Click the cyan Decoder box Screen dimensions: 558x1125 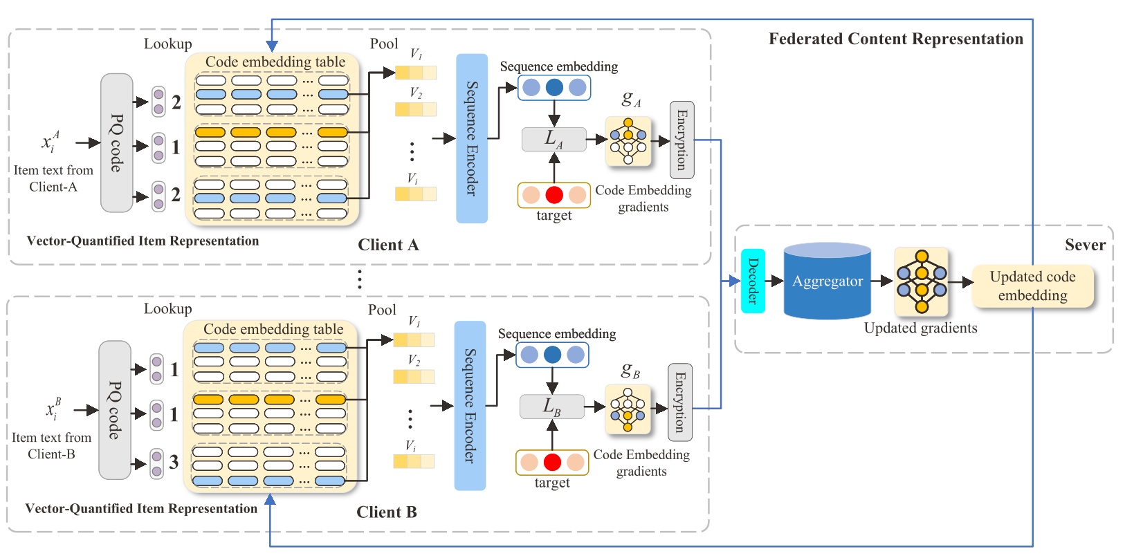click(753, 281)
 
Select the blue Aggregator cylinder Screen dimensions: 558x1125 click(827, 281)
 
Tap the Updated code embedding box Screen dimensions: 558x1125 click(1032, 286)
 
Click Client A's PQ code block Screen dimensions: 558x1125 click(116, 143)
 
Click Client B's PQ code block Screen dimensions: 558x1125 click(114, 410)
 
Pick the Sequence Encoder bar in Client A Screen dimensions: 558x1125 click(472, 138)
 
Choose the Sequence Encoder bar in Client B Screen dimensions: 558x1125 click(470, 406)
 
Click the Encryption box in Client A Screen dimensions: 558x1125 click(682, 140)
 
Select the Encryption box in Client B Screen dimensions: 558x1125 click(679, 402)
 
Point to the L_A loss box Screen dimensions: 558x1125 click(554, 140)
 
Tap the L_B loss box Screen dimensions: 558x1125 click(551, 407)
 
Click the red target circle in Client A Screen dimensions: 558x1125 click(554, 195)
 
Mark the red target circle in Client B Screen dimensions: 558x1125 click(552, 462)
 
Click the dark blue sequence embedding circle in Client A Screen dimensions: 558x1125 click(554, 88)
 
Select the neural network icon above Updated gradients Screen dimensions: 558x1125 click(921, 281)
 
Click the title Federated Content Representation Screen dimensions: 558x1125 click(895, 39)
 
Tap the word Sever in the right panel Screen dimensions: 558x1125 click(1085, 245)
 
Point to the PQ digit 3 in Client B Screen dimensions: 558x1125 click(174, 462)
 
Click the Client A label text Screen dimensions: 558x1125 click(388, 245)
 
